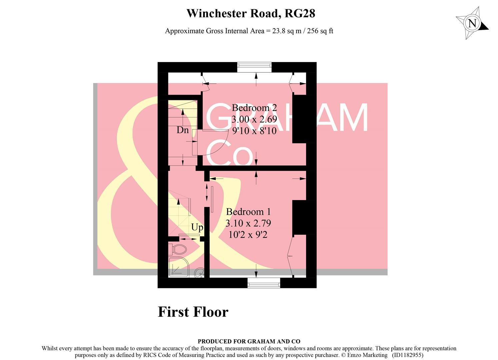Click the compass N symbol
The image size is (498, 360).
tap(472, 23)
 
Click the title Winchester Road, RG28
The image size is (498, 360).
tap(251, 13)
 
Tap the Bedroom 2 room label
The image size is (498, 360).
tap(254, 108)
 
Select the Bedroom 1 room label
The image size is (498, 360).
tap(248, 212)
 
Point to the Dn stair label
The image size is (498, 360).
tap(182, 130)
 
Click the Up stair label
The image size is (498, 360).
tap(197, 227)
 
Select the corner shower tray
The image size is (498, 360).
tap(178, 267)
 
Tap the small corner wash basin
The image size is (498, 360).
tap(199, 273)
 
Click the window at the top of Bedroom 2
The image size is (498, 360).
tap(254, 67)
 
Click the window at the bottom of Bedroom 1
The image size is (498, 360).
tap(264, 283)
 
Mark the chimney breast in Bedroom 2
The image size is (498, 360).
tap(299, 119)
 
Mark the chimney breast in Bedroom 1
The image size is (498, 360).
tap(299, 217)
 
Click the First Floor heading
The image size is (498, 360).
tap(193, 312)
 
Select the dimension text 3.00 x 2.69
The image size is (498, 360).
tap(254, 119)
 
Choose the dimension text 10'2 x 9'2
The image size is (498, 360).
tap(248, 235)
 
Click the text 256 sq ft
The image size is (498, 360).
tap(320, 31)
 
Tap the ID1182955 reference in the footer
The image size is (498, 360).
tap(407, 355)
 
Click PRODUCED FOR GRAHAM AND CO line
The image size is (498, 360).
tap(249, 341)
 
